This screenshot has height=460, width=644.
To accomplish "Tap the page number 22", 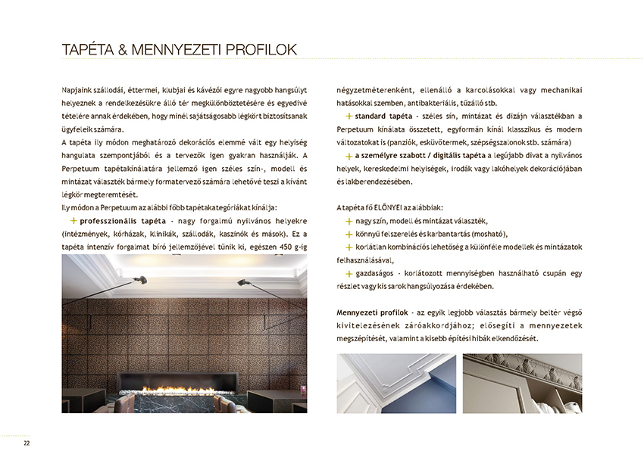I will (x=27, y=443).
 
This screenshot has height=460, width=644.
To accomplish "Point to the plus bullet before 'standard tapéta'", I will (x=349, y=117).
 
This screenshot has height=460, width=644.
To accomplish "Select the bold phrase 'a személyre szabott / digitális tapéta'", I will (x=415, y=156).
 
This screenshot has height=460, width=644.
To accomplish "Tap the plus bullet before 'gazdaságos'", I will (x=349, y=273).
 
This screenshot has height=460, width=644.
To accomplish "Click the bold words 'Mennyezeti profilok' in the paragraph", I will (x=372, y=312).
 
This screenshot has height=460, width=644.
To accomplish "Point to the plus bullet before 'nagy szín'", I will (x=349, y=221).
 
